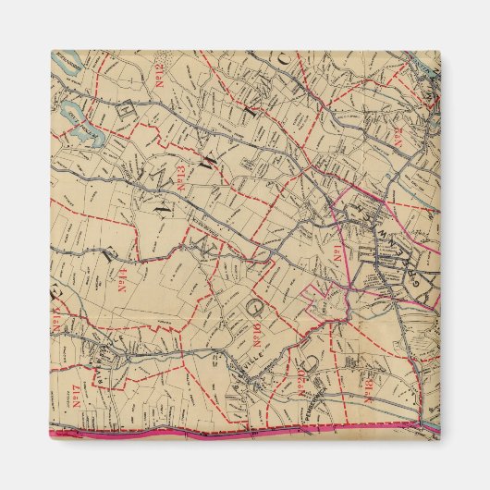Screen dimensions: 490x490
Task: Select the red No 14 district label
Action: coord(120,277)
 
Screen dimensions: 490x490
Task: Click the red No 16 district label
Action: coord(249,333)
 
